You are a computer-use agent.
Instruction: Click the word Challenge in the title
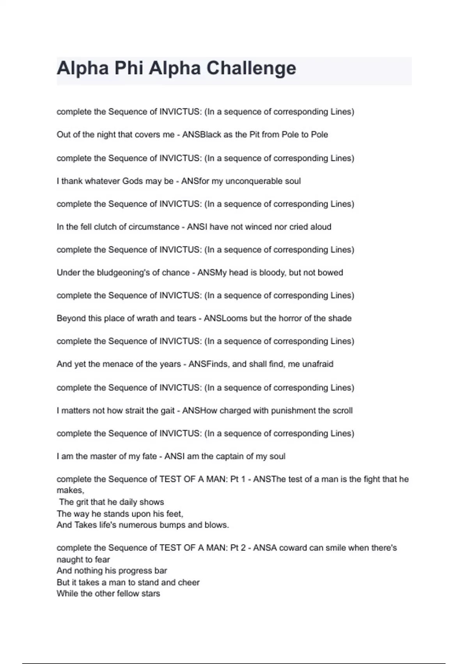[x=251, y=68]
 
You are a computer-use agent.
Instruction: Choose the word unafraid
[x=318, y=364]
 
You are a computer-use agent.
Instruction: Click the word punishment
[x=288, y=411]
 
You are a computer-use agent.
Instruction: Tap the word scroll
[x=342, y=411]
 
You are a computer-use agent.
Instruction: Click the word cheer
[x=189, y=582]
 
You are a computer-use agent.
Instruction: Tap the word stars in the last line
[x=151, y=594]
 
